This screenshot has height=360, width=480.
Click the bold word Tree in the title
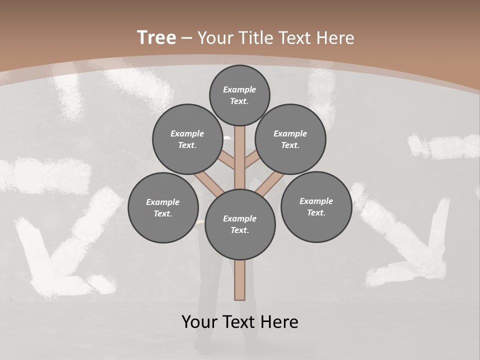(156, 37)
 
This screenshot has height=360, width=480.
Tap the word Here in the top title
(335, 38)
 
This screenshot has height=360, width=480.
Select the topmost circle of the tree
(239, 95)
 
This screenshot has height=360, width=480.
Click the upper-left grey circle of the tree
(187, 139)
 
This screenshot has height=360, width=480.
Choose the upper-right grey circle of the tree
(290, 139)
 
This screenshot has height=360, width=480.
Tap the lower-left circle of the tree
(163, 207)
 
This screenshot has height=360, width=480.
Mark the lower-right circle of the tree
(316, 206)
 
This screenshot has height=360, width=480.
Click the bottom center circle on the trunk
(240, 224)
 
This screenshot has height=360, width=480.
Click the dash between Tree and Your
(186, 38)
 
